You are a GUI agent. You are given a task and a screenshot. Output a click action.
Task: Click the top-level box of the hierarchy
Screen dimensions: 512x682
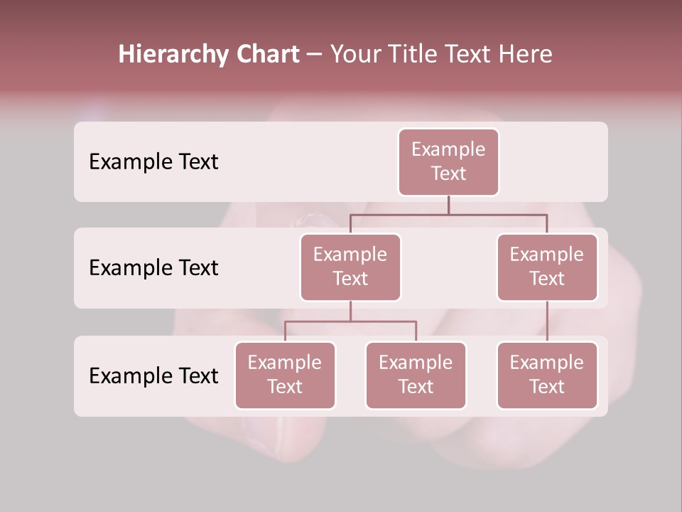pyautogui.click(x=448, y=161)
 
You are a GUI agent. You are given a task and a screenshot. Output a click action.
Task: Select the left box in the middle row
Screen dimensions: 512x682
pyautogui.click(x=350, y=267)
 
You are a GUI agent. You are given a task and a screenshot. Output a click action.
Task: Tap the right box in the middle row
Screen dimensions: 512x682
pyautogui.click(x=547, y=267)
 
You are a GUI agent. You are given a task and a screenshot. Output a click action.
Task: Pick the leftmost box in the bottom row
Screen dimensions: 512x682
pyautogui.click(x=285, y=375)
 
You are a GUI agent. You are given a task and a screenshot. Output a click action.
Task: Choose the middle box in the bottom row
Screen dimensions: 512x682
pyautogui.click(x=416, y=375)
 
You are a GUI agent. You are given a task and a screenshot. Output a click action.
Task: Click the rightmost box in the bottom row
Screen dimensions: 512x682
pyautogui.click(x=547, y=375)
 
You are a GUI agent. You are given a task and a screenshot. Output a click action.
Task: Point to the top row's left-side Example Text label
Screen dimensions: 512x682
pyautogui.click(x=153, y=162)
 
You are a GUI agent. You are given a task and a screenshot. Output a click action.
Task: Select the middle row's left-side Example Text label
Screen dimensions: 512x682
pyautogui.click(x=153, y=268)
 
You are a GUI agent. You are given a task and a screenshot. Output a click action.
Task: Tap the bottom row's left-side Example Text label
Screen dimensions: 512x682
pyautogui.click(x=153, y=375)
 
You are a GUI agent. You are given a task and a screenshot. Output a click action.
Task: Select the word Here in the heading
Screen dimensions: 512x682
pyautogui.click(x=527, y=54)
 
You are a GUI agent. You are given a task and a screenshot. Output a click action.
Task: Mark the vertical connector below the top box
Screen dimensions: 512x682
pyautogui.click(x=448, y=205)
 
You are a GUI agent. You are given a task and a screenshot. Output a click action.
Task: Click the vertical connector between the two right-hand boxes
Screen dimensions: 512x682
pyautogui.click(x=547, y=321)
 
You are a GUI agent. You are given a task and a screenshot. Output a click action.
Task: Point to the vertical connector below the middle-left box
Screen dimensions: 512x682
pyautogui.click(x=350, y=311)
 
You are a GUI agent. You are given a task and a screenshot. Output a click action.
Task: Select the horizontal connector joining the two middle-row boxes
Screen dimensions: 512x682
pyautogui.click(x=448, y=214)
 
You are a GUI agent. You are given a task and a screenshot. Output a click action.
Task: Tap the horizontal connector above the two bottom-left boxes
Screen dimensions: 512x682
pyautogui.click(x=350, y=321)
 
